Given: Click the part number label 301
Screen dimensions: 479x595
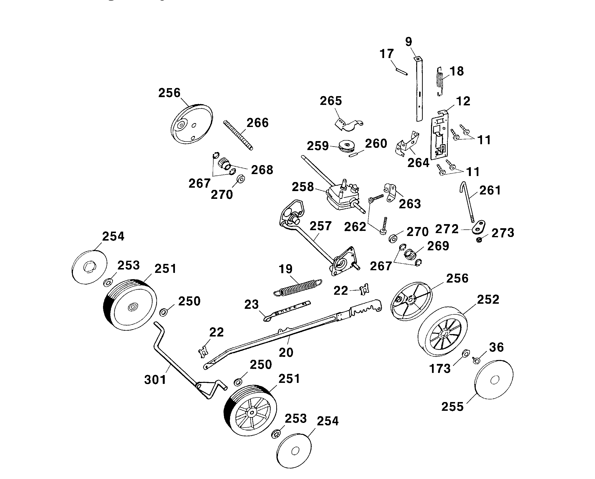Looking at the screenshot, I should click(155, 380).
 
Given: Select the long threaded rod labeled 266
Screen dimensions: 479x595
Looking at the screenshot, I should click(238, 135).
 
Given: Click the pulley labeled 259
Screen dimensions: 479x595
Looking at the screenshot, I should click(347, 146).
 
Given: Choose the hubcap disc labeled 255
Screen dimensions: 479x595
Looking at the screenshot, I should click(494, 380).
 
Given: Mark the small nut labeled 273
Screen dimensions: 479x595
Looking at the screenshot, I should click(479, 240).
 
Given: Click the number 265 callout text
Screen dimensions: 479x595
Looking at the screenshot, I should click(331, 101).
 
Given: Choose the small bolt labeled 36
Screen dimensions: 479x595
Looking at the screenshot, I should click(476, 360).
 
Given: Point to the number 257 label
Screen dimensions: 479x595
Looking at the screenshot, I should click(320, 226).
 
